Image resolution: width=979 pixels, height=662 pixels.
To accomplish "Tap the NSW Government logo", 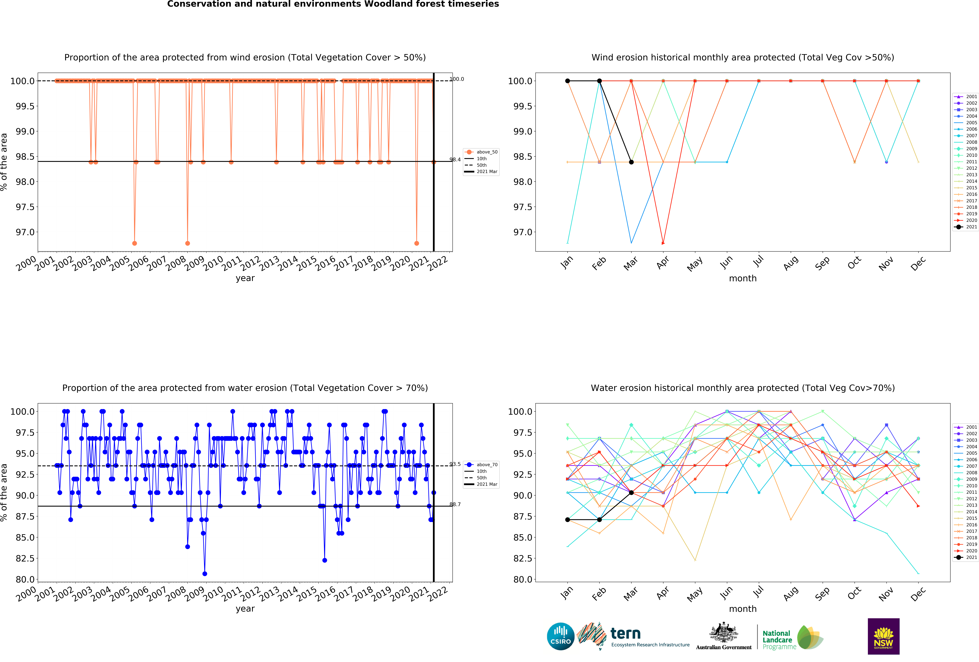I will (x=883, y=636).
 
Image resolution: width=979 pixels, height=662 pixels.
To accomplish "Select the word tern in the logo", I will (x=626, y=633).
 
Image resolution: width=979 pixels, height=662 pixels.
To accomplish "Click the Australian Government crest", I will (x=723, y=632).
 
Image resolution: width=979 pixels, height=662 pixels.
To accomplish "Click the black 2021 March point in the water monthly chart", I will (x=631, y=493).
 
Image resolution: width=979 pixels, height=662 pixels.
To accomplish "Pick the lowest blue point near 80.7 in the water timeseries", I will (x=205, y=574).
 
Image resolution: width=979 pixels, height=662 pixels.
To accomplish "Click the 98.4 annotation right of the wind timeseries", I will (x=455, y=160).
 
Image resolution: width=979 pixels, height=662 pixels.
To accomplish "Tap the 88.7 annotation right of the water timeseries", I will (x=455, y=504).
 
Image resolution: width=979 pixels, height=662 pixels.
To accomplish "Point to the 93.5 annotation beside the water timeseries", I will (x=455, y=464).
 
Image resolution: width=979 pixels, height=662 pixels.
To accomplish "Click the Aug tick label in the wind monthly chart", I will (x=790, y=263).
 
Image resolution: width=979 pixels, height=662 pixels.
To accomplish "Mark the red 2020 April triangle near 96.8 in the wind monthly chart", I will (x=663, y=243).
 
